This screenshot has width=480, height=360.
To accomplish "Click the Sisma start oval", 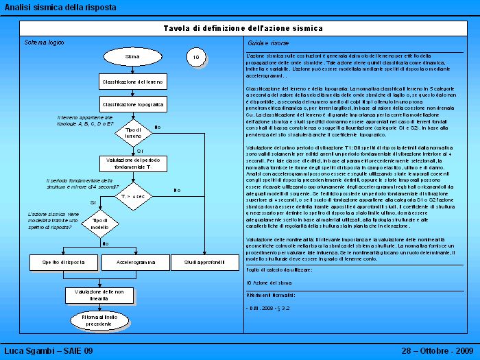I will click(133, 57).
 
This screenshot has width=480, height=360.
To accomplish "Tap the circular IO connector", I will click(196, 58).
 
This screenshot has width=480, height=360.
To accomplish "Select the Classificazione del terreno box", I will click(133, 82).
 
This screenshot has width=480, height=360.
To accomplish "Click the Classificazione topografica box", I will click(133, 104).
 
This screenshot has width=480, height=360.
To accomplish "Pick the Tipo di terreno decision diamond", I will click(133, 133).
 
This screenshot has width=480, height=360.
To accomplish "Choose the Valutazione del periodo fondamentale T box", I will click(133, 163).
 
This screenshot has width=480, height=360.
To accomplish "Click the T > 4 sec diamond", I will click(133, 196).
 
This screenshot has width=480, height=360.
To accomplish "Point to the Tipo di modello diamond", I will click(101, 224).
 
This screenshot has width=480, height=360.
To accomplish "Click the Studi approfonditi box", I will click(204, 262).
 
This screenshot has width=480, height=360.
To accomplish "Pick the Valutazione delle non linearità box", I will click(99, 295).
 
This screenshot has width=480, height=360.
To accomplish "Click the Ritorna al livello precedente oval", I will click(99, 320).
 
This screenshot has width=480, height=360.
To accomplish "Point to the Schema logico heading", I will click(45, 43).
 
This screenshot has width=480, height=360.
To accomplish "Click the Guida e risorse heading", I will click(264, 43).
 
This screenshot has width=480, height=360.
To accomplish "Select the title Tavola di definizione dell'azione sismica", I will click(243, 28).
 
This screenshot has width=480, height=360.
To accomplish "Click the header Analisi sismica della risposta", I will click(60, 8).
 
